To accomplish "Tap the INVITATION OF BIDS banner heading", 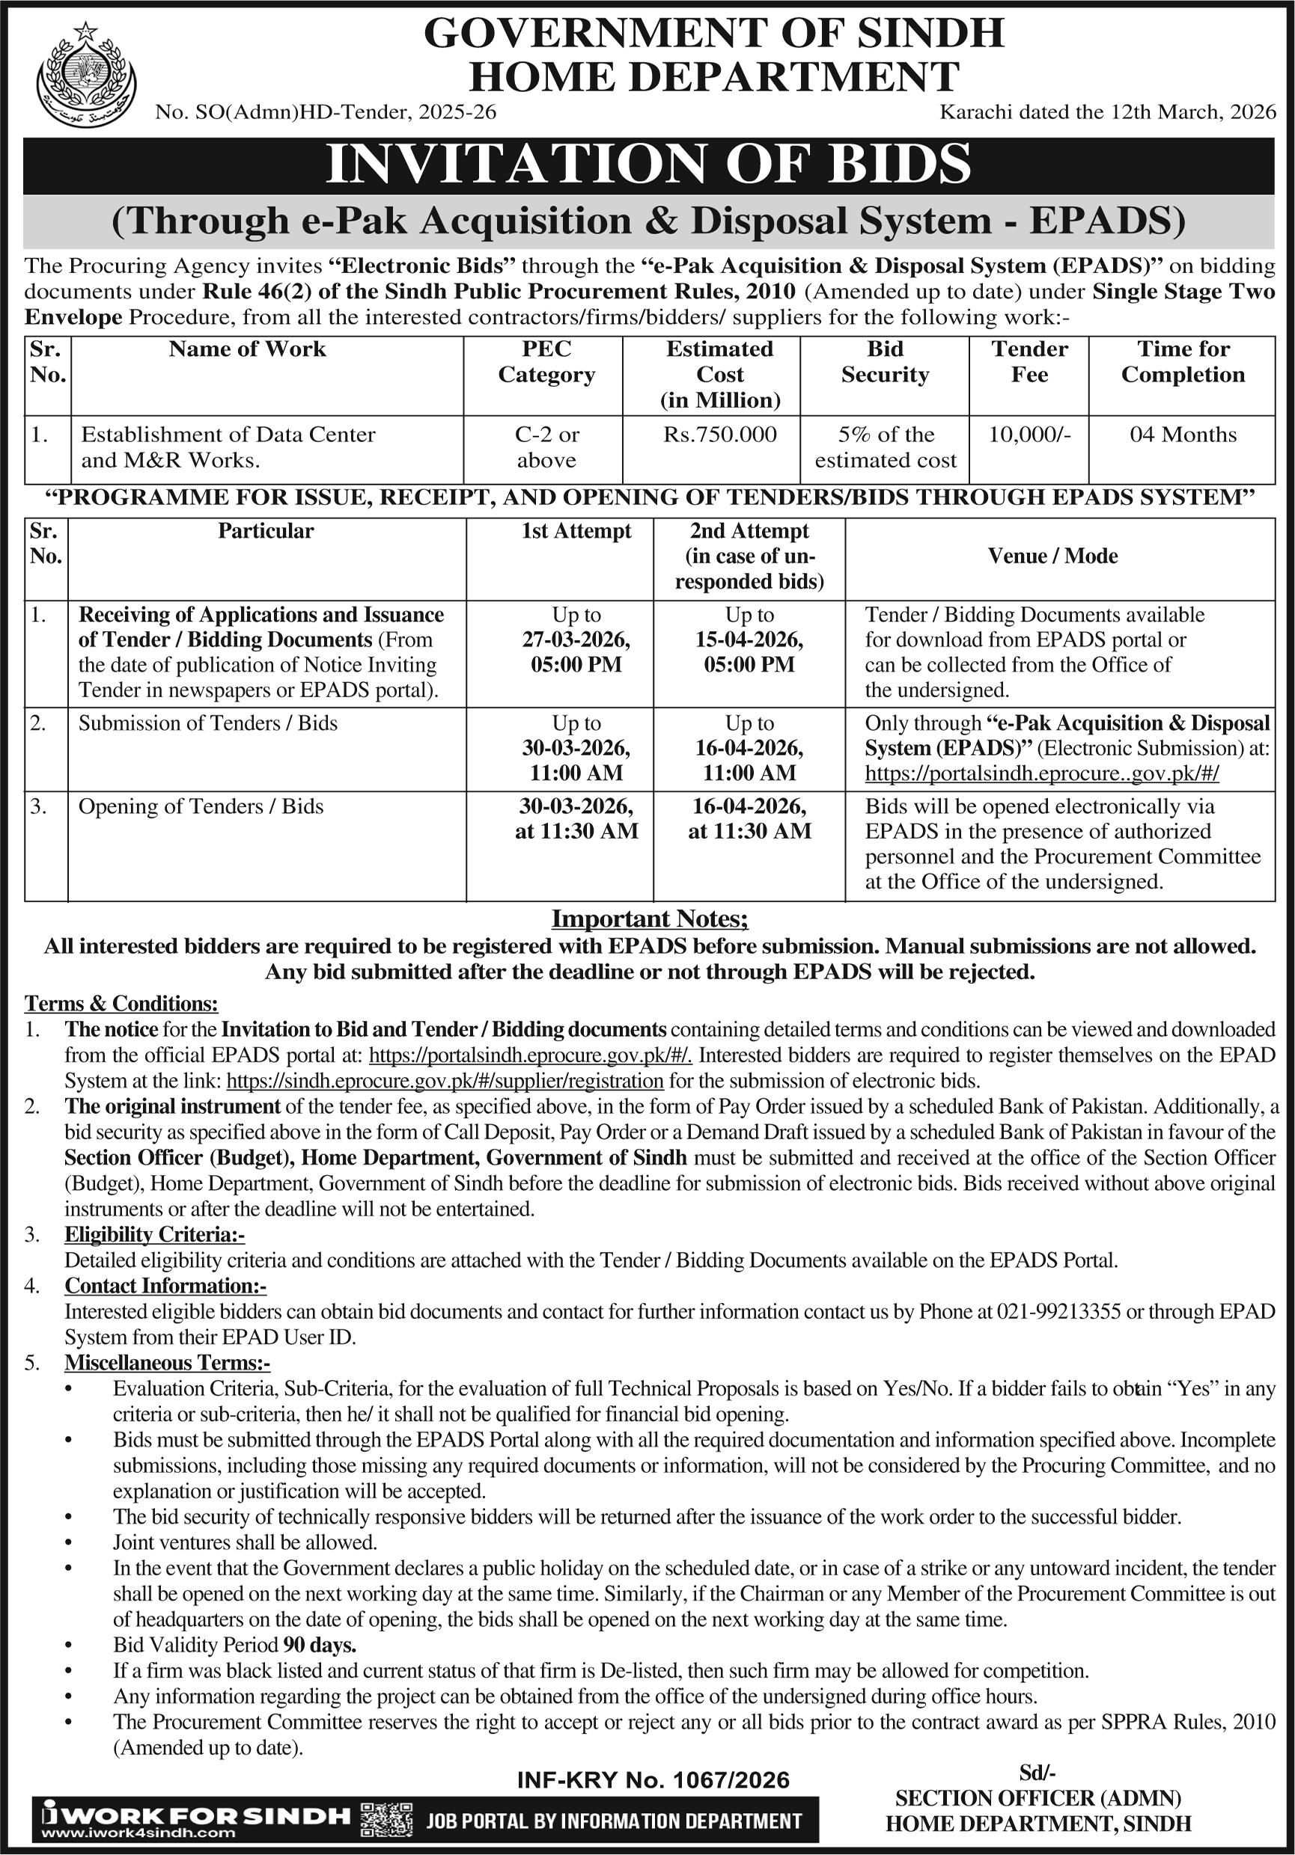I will (648, 165).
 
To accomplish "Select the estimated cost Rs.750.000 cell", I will (719, 435).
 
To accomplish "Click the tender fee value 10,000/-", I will (1029, 435).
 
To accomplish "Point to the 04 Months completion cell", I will (1183, 435).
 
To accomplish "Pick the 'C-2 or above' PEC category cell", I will (546, 447).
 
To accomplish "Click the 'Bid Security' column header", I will (885, 361).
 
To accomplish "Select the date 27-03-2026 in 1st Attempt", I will (576, 640).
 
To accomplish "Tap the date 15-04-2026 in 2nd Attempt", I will (749, 640).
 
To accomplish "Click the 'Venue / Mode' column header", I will (1052, 556).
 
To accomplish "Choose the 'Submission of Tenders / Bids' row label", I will (208, 723).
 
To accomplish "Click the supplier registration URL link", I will (445, 1080).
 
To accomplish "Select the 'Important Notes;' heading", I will (650, 919).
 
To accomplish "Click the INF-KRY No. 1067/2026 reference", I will (653, 1780).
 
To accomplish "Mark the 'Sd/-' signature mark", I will (1037, 1773).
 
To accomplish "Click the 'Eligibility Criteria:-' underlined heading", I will (154, 1233).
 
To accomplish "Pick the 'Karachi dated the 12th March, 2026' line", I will (1107, 111).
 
